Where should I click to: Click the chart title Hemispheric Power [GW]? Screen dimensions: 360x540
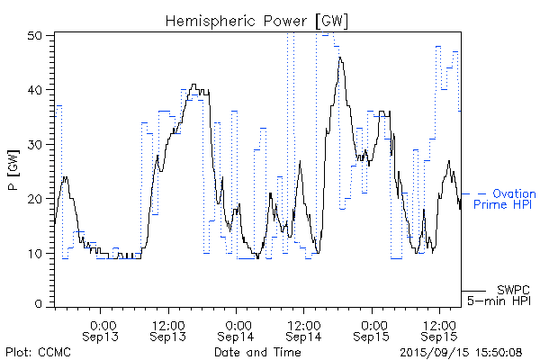[x=257, y=20]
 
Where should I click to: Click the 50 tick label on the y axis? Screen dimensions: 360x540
[x=36, y=35]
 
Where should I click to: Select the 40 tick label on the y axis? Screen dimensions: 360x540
[x=36, y=90]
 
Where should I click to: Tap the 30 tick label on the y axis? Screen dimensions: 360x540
[x=36, y=144]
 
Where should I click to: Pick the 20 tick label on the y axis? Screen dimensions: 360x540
[x=36, y=199]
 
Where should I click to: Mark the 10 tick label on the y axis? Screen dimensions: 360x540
[x=36, y=253]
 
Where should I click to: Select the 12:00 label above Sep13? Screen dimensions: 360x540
[x=168, y=324]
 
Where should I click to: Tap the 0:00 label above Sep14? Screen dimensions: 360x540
[x=237, y=324]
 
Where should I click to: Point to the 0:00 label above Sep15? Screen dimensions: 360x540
[x=372, y=324]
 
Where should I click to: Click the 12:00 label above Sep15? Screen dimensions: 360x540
[x=438, y=324]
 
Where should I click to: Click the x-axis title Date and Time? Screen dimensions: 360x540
[x=257, y=352]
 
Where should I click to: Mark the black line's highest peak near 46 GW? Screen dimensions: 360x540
[x=340, y=58]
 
